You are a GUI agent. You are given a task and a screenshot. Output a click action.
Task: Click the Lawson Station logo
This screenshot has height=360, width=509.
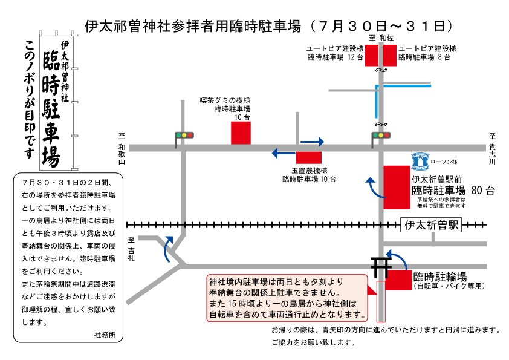point(420,162)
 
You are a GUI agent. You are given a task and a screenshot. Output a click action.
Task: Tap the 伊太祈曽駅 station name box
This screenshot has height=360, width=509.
point(431,225)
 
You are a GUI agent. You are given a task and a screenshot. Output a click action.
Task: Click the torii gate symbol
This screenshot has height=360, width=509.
point(379,267)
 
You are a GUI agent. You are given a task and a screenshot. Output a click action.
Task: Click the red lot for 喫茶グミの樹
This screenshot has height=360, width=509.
point(241,133)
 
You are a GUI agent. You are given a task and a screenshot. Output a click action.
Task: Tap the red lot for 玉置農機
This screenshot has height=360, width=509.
point(309,157)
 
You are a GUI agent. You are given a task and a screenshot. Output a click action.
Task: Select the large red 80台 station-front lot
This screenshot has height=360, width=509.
point(397,188)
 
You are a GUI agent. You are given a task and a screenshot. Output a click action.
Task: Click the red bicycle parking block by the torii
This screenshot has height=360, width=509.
point(398,280)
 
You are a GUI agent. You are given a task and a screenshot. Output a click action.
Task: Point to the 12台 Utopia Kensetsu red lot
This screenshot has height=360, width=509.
point(372,56)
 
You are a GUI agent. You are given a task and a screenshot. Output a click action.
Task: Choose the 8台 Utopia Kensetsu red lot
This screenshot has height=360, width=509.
point(390,56)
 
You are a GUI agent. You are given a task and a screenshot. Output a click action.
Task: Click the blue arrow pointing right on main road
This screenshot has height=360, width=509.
point(313,142)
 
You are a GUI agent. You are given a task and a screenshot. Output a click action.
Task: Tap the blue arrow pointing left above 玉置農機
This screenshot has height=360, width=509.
point(284,152)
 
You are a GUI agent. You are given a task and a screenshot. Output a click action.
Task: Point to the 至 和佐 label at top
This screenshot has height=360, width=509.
point(381,38)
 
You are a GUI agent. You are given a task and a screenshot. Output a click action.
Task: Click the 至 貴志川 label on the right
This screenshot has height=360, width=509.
point(493,149)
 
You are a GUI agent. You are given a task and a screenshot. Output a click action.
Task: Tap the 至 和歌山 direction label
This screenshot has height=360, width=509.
point(122,149)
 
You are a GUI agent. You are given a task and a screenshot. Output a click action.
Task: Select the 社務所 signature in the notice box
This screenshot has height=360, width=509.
point(105,335)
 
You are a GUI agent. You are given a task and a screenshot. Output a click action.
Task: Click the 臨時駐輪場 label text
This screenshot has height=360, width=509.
point(440,277)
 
